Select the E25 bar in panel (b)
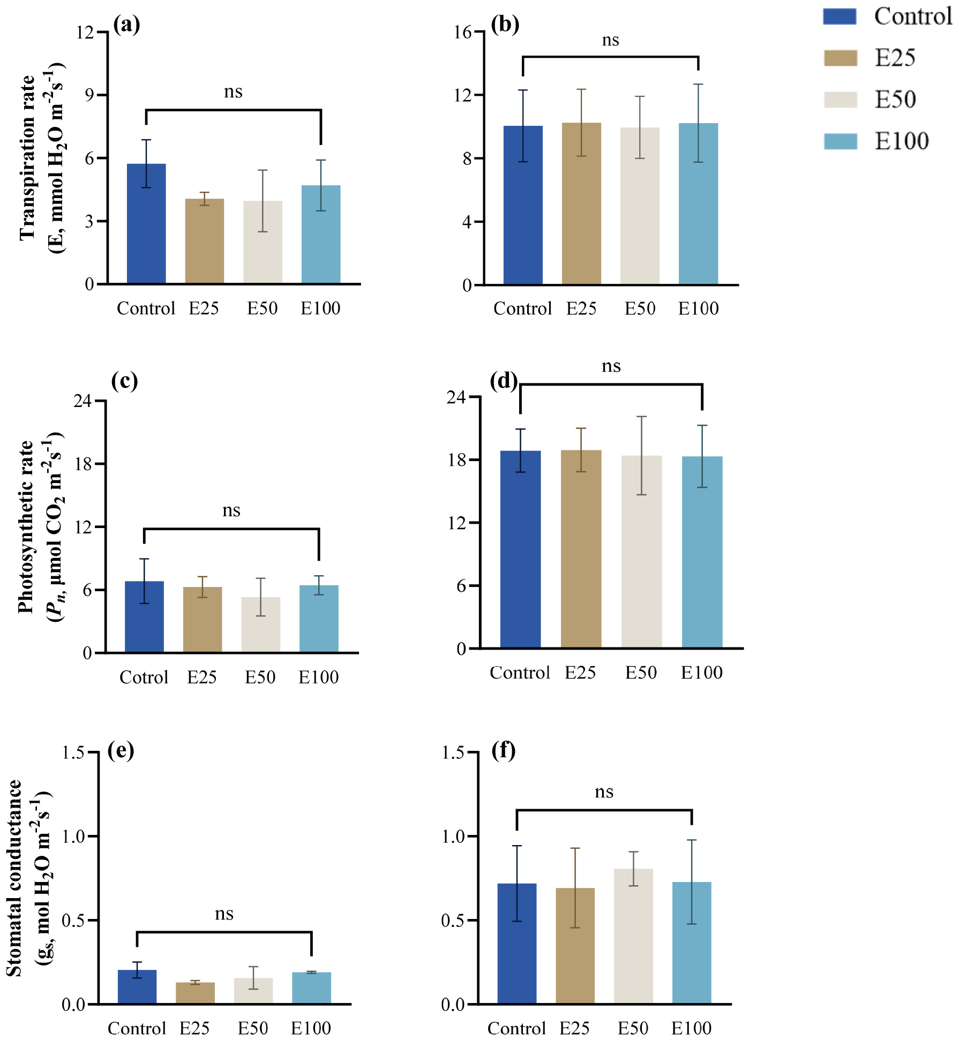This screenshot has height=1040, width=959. [x=581, y=204]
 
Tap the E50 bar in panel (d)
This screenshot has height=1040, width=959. [x=641, y=552]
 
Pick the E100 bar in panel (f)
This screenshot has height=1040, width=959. [x=692, y=943]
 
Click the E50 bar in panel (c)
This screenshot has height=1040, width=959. [x=260, y=624]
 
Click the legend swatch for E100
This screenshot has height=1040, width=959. [x=840, y=141]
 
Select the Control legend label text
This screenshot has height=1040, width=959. [x=913, y=17]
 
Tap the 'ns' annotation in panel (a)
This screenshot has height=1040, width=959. [x=233, y=92]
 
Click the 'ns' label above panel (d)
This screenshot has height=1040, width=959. [x=611, y=366]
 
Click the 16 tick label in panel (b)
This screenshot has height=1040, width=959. [x=462, y=32]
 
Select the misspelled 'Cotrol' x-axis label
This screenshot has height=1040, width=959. [x=144, y=677]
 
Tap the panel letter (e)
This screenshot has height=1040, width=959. [x=121, y=750]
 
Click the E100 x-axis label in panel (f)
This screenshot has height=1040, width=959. [x=691, y=1028]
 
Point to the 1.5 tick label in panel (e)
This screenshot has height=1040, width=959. [x=73, y=753]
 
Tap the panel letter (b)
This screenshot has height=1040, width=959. [x=505, y=25]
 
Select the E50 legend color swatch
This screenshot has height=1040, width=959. [x=840, y=100]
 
